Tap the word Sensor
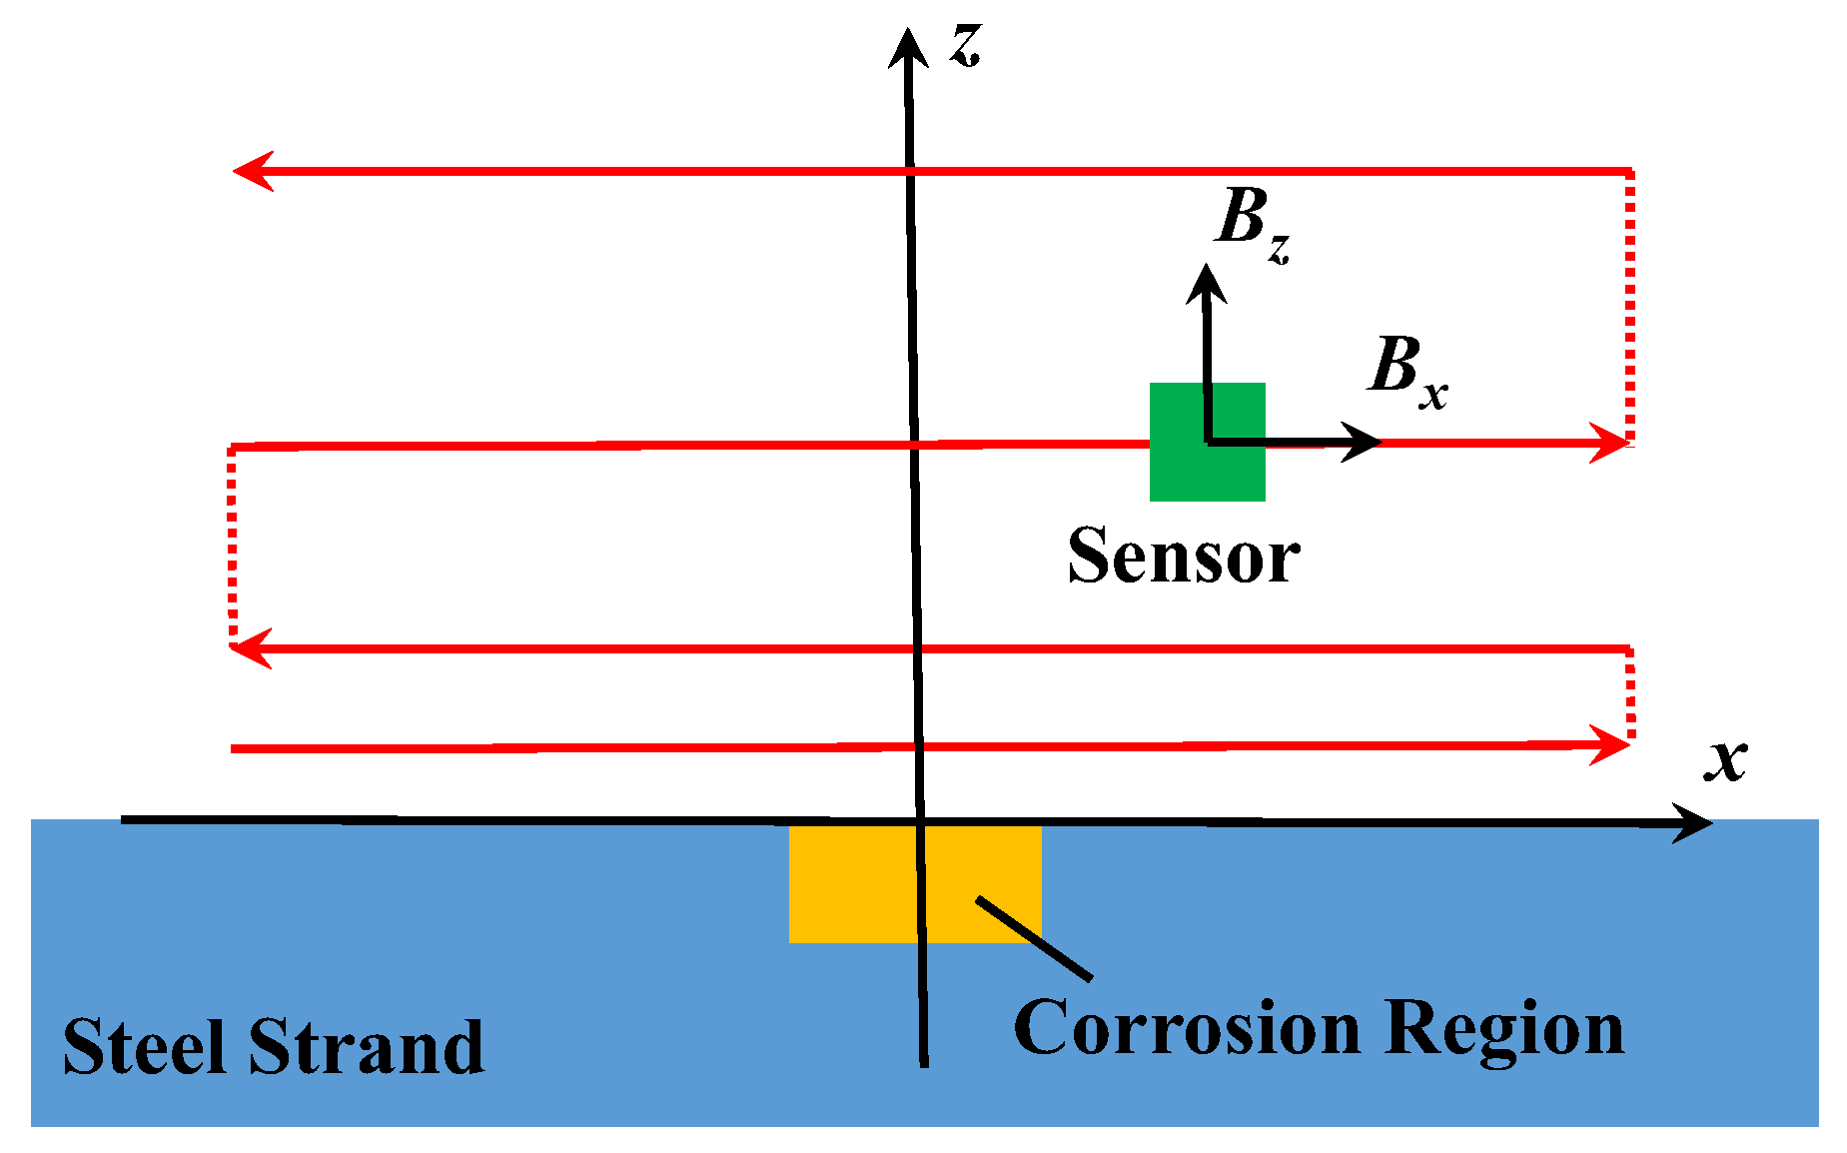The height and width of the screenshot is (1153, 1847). pyautogui.click(x=1184, y=557)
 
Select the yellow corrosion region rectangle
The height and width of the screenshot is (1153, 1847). pyautogui.click(x=849, y=884)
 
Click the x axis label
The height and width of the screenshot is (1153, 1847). pyautogui.click(x=1725, y=761)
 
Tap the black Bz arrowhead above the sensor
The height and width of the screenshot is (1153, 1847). pyautogui.click(x=1207, y=283)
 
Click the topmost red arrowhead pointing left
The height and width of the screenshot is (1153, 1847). pyautogui.click(x=252, y=171)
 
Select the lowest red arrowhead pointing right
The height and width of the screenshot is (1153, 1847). pyautogui.click(x=1610, y=745)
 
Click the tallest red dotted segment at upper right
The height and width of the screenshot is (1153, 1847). pyautogui.click(x=1630, y=305)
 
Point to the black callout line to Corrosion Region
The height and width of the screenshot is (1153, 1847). pyautogui.click(x=1034, y=938)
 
